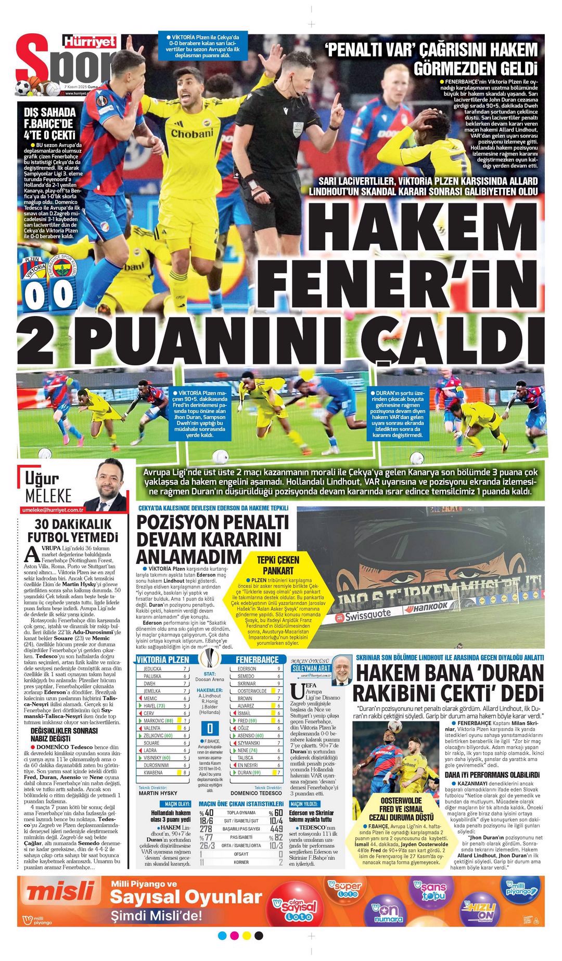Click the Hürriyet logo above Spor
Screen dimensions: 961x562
[x=90, y=42]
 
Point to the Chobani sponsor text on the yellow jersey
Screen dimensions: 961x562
[x=192, y=134]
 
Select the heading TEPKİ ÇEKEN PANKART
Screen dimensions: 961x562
[x=278, y=565]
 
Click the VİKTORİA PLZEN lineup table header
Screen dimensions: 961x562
[x=163, y=659]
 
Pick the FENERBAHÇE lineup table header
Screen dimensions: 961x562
[x=257, y=659]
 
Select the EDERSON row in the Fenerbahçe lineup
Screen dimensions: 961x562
[x=257, y=668]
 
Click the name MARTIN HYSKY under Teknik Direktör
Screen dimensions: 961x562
[x=158, y=793]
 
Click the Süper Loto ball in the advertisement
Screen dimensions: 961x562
[x=346, y=889]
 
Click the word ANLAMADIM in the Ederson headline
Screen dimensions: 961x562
[x=189, y=556]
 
